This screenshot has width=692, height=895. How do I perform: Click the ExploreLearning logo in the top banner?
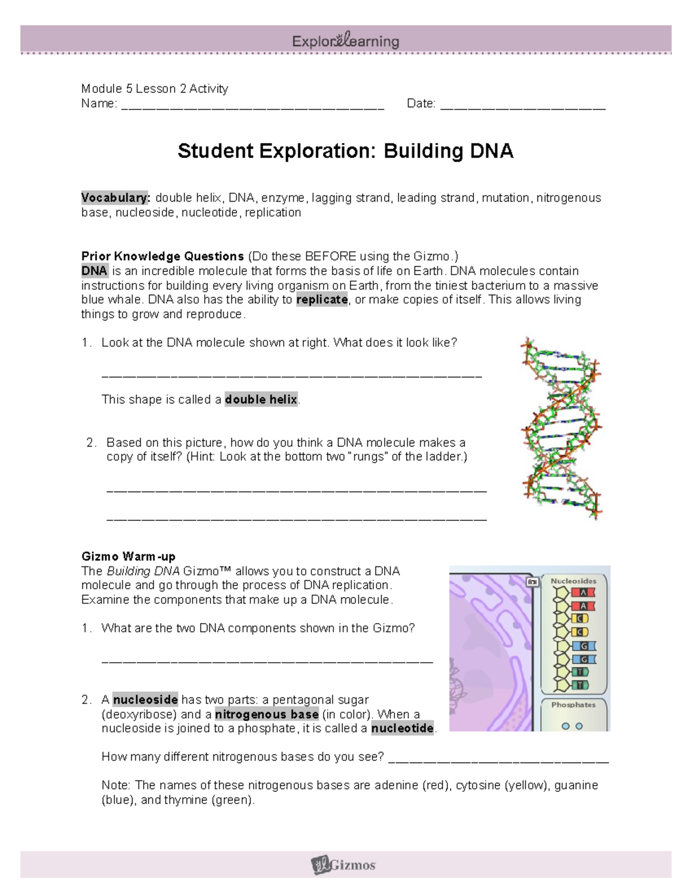tap(345, 41)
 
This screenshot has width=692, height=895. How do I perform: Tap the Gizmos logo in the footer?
tap(344, 864)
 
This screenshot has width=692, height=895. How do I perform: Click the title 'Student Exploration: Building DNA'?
tap(345, 151)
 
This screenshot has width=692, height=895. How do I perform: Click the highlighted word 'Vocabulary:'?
tap(115, 198)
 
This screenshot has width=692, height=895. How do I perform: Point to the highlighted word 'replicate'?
tap(322, 300)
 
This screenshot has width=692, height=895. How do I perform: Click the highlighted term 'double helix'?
tap(261, 399)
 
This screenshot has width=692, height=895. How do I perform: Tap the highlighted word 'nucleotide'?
tap(403, 728)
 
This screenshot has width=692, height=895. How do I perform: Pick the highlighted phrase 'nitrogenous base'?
tap(266, 714)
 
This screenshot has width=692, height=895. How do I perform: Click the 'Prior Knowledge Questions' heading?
tap(163, 256)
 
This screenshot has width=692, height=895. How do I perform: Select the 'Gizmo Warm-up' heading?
tap(128, 557)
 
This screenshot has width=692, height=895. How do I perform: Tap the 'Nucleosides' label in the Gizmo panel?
tap(573, 581)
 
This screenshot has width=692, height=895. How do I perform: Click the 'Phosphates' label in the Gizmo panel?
tap(573, 705)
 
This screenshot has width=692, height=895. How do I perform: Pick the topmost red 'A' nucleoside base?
tap(583, 592)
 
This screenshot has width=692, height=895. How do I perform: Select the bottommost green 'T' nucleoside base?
tap(580, 685)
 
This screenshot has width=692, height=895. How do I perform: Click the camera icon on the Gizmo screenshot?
tap(532, 582)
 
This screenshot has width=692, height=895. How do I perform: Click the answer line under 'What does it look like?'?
tap(291, 375)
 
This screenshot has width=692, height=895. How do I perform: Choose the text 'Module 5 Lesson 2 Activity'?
tap(155, 89)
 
